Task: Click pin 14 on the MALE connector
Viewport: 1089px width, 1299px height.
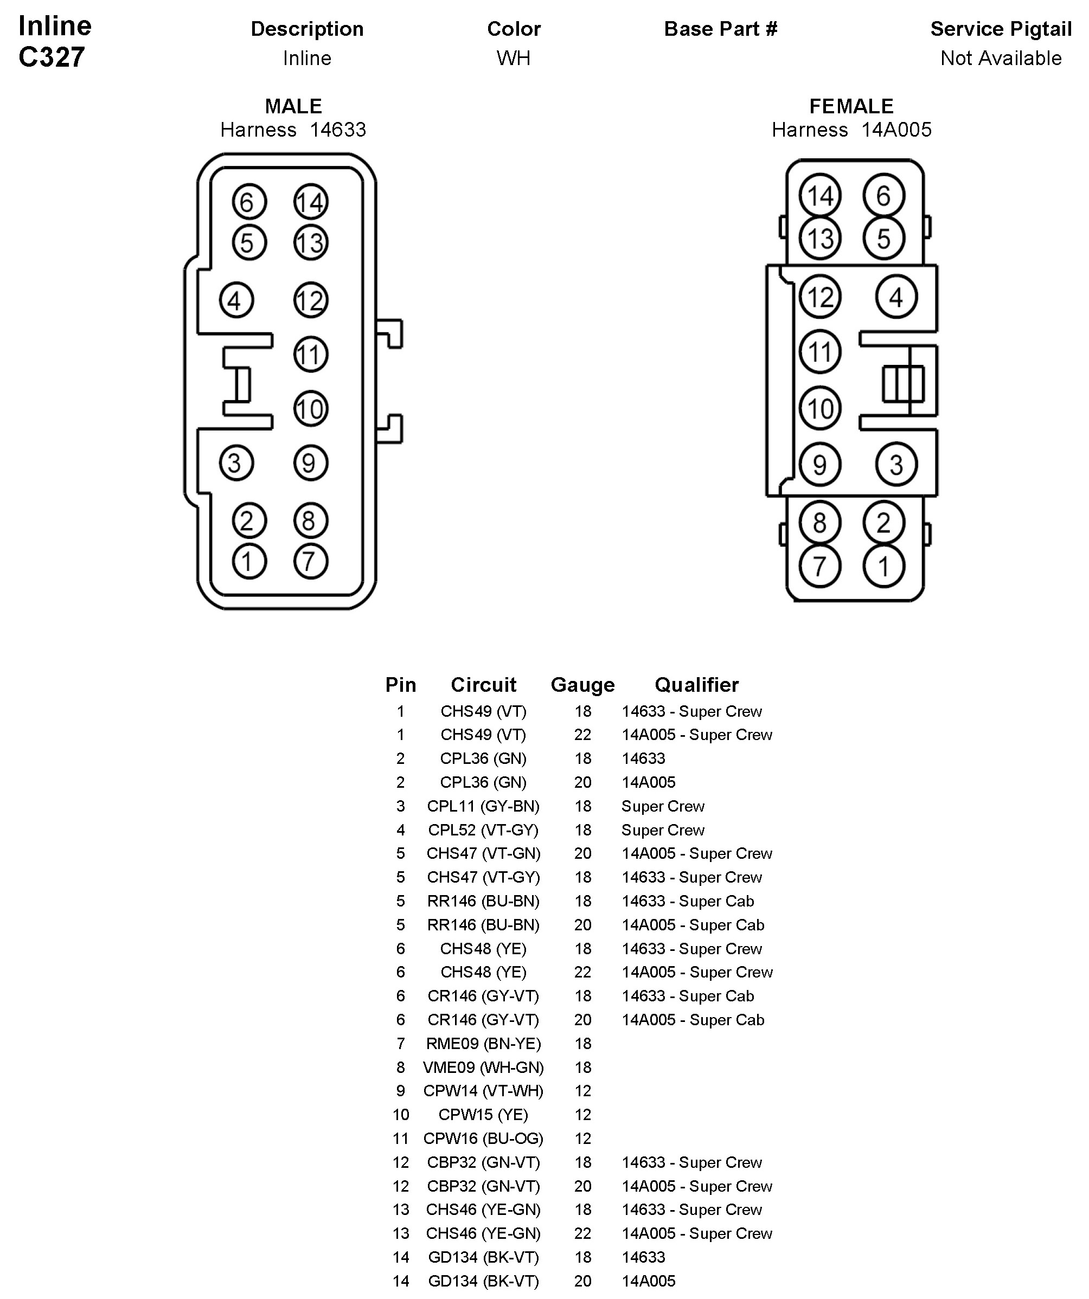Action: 311,202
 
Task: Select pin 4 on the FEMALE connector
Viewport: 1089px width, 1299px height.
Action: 896,297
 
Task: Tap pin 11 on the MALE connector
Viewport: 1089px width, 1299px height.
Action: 311,355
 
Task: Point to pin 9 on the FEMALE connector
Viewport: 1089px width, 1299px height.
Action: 820,464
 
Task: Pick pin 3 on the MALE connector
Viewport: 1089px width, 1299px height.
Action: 236,462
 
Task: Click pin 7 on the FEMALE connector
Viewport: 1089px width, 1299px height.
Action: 820,566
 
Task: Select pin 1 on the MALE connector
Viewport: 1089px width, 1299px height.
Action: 249,562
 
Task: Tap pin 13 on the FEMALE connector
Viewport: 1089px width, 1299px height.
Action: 820,238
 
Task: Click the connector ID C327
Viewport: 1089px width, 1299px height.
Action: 52,57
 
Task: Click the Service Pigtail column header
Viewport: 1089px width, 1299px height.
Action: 1001,29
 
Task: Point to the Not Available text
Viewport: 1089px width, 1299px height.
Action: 1001,58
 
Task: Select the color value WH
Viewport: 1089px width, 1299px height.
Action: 514,58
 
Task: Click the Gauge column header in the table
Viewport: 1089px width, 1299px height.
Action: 582,685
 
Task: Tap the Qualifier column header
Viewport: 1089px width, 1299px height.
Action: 697,685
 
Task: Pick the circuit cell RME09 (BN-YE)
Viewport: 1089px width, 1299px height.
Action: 483,1044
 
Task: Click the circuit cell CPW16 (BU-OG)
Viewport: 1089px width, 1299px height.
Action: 483,1138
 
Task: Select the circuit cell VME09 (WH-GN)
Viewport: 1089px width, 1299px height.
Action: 483,1067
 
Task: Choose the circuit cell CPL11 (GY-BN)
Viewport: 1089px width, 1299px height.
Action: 483,806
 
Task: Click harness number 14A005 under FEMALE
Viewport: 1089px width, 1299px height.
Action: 896,130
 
